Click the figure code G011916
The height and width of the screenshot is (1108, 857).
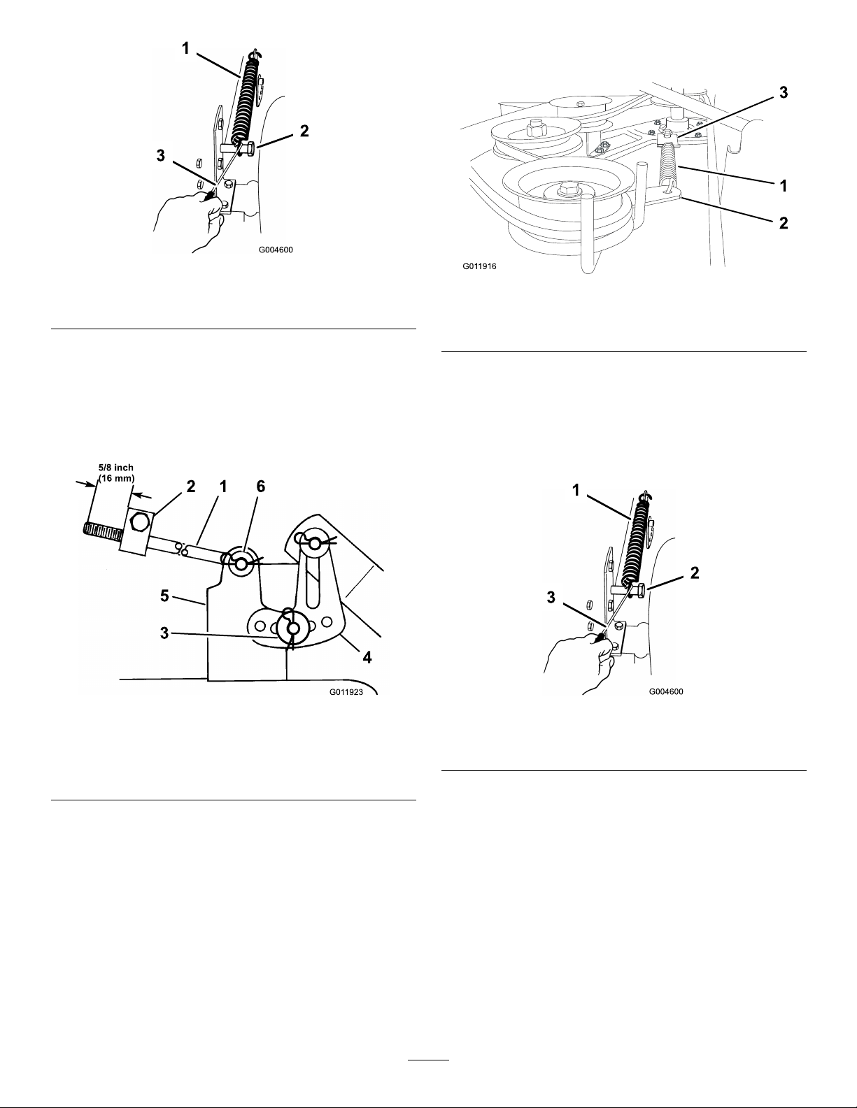[x=479, y=266]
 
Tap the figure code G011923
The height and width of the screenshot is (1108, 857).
[x=346, y=692]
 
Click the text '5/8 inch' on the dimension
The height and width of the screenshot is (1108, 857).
[x=116, y=468]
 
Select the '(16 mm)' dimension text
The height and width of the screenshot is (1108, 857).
[x=117, y=479]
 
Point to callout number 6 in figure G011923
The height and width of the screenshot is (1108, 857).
[x=261, y=487]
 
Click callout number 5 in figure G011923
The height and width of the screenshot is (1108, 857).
[x=164, y=596]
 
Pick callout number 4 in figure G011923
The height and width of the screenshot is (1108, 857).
[x=367, y=657]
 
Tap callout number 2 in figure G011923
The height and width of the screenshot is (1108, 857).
[x=191, y=487]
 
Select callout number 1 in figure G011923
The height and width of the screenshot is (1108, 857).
[x=223, y=487]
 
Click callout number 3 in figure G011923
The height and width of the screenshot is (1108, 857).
[x=164, y=633]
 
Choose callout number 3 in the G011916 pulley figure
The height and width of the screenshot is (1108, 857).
[x=784, y=93]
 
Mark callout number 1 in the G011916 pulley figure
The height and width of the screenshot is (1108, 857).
[x=784, y=186]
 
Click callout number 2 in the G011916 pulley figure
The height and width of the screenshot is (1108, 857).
[x=784, y=223]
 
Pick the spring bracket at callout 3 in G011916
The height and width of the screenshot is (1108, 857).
[x=667, y=137]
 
